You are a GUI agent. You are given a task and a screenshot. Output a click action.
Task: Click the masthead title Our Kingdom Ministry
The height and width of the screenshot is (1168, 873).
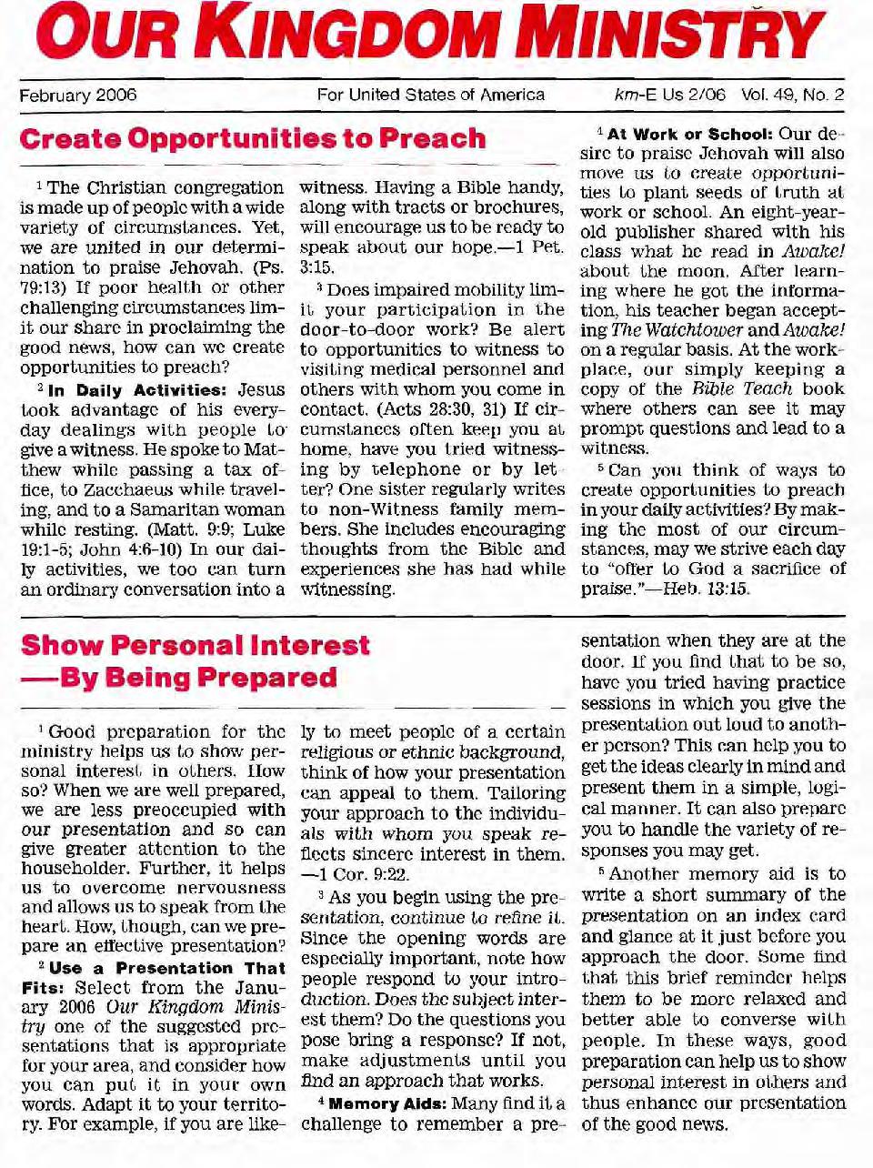(436, 35)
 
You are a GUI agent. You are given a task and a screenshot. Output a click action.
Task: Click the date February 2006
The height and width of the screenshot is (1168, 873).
(78, 95)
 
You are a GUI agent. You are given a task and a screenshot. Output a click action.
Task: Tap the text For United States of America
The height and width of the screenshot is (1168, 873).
(430, 95)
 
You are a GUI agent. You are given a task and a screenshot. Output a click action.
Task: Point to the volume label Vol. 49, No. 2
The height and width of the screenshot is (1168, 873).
(792, 95)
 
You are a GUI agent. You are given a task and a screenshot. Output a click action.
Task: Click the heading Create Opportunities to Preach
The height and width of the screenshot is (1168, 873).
(253, 139)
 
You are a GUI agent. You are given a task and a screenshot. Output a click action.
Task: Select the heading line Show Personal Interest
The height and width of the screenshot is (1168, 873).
(196, 645)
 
